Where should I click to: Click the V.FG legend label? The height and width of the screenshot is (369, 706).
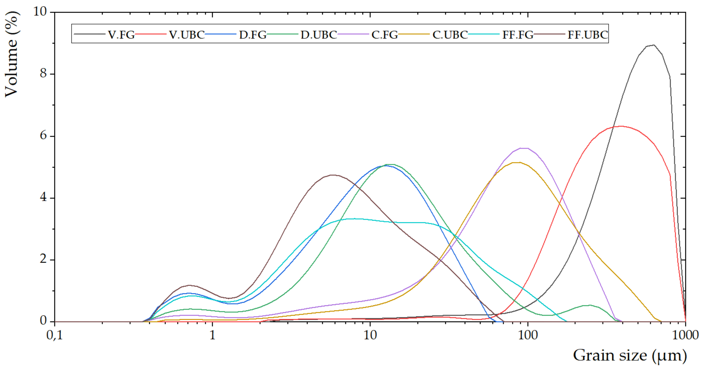[121, 35]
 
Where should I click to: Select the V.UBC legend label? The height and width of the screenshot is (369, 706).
[187, 35]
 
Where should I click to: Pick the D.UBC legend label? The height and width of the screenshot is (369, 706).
[319, 35]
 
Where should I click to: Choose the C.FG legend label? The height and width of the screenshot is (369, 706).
[385, 35]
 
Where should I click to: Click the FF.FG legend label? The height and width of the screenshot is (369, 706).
[518, 35]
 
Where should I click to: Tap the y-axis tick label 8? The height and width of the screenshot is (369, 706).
[43, 74]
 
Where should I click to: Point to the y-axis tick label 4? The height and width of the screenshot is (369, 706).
[43, 197]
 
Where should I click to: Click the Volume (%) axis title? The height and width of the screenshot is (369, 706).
[12, 54]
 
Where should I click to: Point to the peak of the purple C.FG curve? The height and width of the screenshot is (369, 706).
[524, 148]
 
